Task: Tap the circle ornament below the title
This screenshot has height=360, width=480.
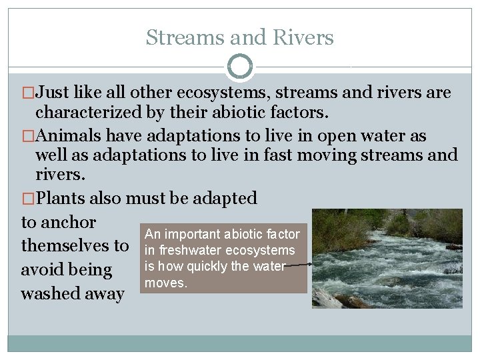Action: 240,67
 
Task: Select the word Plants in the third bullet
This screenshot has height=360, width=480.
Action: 62,198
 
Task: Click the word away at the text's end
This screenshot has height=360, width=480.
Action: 104,293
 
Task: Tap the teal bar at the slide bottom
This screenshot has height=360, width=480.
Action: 240,343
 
